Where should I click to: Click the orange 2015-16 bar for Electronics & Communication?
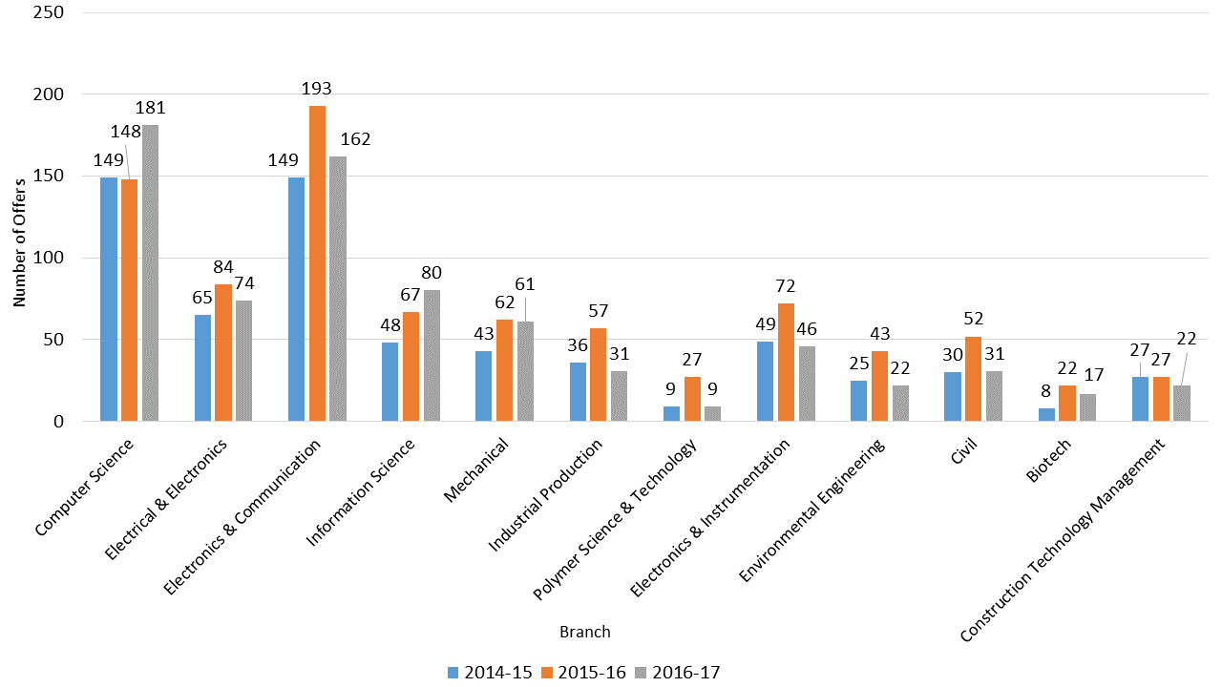pyautogui.click(x=317, y=263)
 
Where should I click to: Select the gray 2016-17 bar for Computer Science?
pyautogui.click(x=150, y=273)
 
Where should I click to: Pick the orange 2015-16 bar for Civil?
pyautogui.click(x=973, y=379)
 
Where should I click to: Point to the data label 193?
pyautogui.click(x=317, y=89)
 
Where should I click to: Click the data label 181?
pyautogui.click(x=150, y=107)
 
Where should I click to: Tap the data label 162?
pyautogui.click(x=354, y=139)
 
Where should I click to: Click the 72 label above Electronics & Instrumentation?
pyautogui.click(x=786, y=286)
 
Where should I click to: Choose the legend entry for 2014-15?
pyautogui.click(x=489, y=672)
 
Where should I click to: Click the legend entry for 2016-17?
pyautogui.click(x=677, y=672)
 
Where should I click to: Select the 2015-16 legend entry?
pyautogui.click(x=583, y=672)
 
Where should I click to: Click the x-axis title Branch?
pyautogui.click(x=585, y=632)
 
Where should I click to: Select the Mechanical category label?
pyautogui.click(x=477, y=469)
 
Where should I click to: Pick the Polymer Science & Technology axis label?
pyautogui.click(x=616, y=519)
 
